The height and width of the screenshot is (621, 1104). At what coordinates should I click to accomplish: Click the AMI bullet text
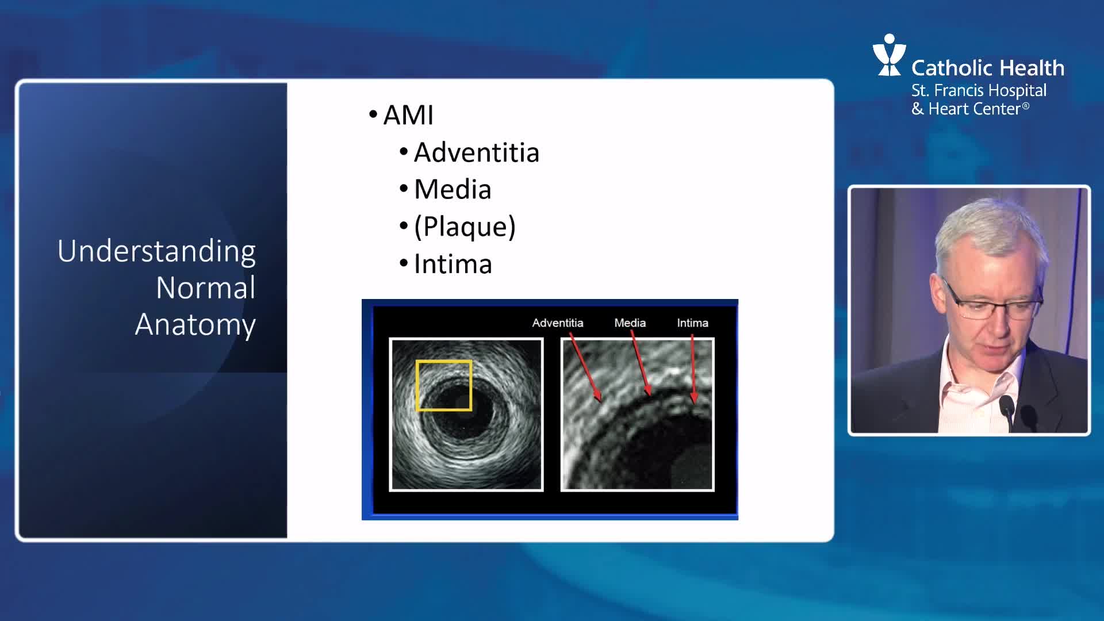(408, 115)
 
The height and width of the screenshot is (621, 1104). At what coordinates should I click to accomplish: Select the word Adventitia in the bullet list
(477, 153)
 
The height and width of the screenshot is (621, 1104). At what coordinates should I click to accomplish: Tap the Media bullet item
(453, 190)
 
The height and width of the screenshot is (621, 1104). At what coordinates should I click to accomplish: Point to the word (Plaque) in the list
(465, 227)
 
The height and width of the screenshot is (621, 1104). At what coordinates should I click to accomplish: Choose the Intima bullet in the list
(453, 264)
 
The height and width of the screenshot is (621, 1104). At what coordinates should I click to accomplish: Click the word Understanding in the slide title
(156, 252)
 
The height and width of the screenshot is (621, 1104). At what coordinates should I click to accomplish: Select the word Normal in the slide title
(206, 287)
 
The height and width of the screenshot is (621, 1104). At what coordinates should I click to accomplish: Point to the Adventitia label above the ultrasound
(558, 323)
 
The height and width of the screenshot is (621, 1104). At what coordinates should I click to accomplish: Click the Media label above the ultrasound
(630, 323)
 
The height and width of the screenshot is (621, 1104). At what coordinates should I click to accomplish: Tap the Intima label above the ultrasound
(692, 323)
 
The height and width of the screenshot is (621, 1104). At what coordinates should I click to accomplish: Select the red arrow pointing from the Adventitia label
(586, 366)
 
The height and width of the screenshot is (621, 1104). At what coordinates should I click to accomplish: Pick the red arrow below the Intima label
(693, 368)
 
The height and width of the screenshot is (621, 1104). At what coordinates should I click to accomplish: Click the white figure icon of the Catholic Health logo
(889, 55)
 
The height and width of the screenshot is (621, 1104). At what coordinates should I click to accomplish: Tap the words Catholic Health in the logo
(988, 68)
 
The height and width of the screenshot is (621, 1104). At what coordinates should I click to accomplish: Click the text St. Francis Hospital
(979, 90)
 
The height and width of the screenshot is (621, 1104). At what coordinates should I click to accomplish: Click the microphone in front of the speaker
(1007, 413)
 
